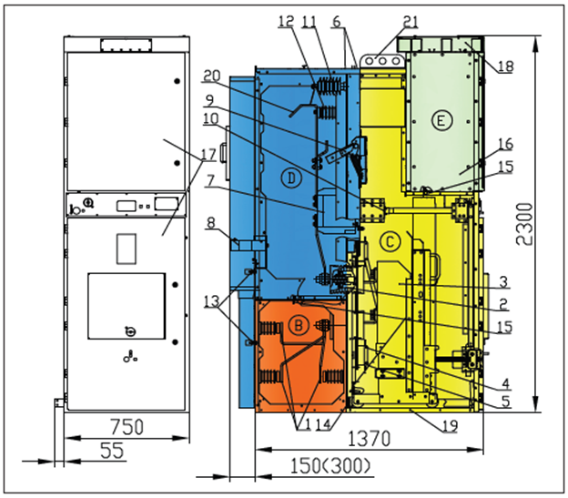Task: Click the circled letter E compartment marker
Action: point(441,120)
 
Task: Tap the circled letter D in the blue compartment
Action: point(291,178)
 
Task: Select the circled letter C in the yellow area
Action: point(390,241)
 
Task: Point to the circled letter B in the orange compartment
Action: point(299,324)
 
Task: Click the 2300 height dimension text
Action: point(524,224)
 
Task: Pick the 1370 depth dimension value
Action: point(369,439)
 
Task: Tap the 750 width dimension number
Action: point(127,427)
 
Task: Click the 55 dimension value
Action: point(112,451)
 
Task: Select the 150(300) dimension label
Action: point(330,466)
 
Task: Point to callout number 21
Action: point(411,22)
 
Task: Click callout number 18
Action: point(506,66)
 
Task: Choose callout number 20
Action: point(212,76)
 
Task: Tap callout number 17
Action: point(208,155)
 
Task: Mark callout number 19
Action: point(450,425)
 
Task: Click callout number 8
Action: point(211,223)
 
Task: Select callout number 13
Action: point(212,301)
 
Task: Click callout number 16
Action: point(506,144)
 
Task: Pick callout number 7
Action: point(210,181)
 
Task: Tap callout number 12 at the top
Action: point(286,21)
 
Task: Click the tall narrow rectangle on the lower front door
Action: point(127,249)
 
